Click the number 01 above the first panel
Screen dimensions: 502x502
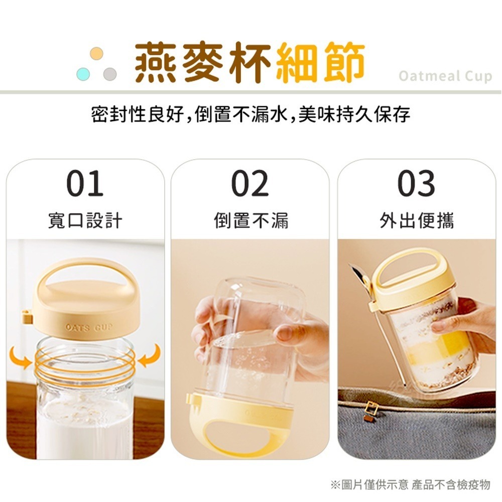(85, 183)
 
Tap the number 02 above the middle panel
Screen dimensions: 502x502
(250, 183)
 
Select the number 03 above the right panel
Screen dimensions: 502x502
(416, 183)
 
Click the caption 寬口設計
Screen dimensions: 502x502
(85, 220)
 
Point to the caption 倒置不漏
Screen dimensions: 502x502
(251, 220)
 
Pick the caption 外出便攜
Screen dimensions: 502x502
(417, 220)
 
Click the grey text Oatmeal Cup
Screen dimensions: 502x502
(445, 76)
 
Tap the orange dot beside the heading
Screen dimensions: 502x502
(97, 54)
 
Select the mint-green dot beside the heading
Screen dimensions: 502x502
(83, 74)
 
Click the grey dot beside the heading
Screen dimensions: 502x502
(110, 74)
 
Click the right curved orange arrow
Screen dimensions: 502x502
(150, 355)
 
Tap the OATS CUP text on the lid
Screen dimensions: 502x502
(89, 327)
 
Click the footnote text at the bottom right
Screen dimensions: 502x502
(411, 484)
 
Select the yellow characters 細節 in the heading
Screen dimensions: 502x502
(320, 62)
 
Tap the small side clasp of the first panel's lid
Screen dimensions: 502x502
(27, 317)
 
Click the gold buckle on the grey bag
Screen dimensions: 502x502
(371, 408)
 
